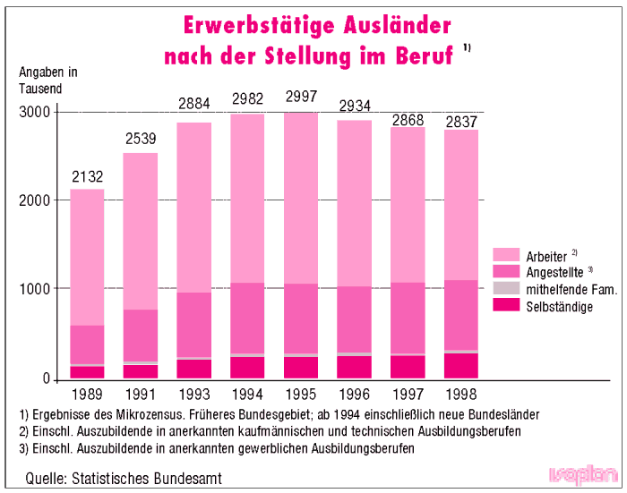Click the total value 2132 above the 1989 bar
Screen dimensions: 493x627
coord(88,176)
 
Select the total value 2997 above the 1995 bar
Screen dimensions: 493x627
coord(300,98)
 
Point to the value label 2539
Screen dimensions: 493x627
coord(141,139)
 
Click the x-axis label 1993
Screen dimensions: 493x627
coord(193,393)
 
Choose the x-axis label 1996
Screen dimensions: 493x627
coord(354,393)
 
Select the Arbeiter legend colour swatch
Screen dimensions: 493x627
coord(506,254)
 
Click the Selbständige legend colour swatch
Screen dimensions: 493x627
coord(506,306)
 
